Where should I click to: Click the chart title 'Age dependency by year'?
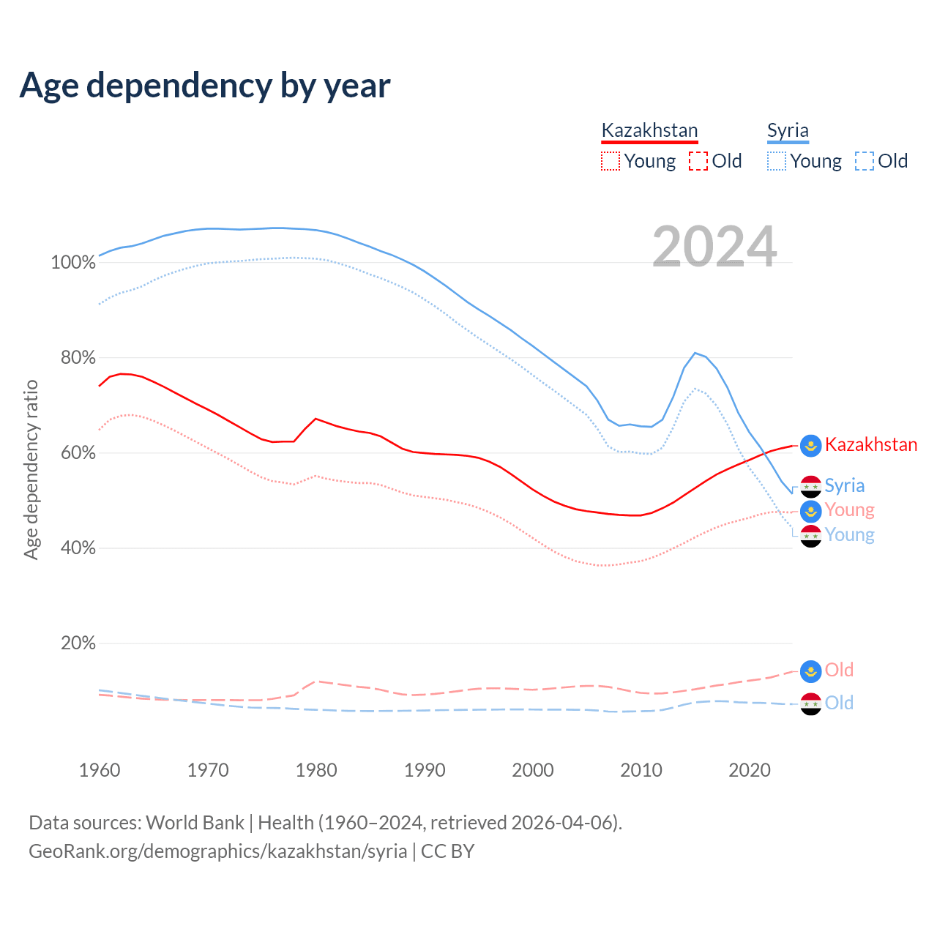[x=205, y=86]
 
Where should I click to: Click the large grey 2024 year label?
[x=714, y=247]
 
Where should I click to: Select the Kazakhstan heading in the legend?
[x=649, y=130]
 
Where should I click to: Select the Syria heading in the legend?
[x=788, y=130]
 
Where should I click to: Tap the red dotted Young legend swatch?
[x=610, y=161]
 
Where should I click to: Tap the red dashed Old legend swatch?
[x=698, y=161]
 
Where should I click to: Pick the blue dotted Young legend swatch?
[x=777, y=161]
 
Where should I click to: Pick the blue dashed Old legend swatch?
[x=865, y=161]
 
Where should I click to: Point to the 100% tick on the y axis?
[x=73, y=263]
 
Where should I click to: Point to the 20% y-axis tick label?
[x=78, y=643]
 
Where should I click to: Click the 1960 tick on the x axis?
[x=100, y=770]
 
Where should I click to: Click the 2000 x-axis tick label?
[x=533, y=770]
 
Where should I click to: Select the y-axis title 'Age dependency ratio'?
[x=31, y=469]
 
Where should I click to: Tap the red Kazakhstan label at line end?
[x=871, y=444]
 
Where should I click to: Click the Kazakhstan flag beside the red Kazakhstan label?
[x=810, y=445]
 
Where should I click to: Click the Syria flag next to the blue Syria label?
[x=810, y=486]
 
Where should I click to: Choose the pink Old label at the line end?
[x=839, y=670]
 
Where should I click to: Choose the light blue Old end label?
[x=839, y=703]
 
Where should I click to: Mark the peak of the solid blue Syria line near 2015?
[x=695, y=353]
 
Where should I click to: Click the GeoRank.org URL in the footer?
[x=217, y=851]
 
